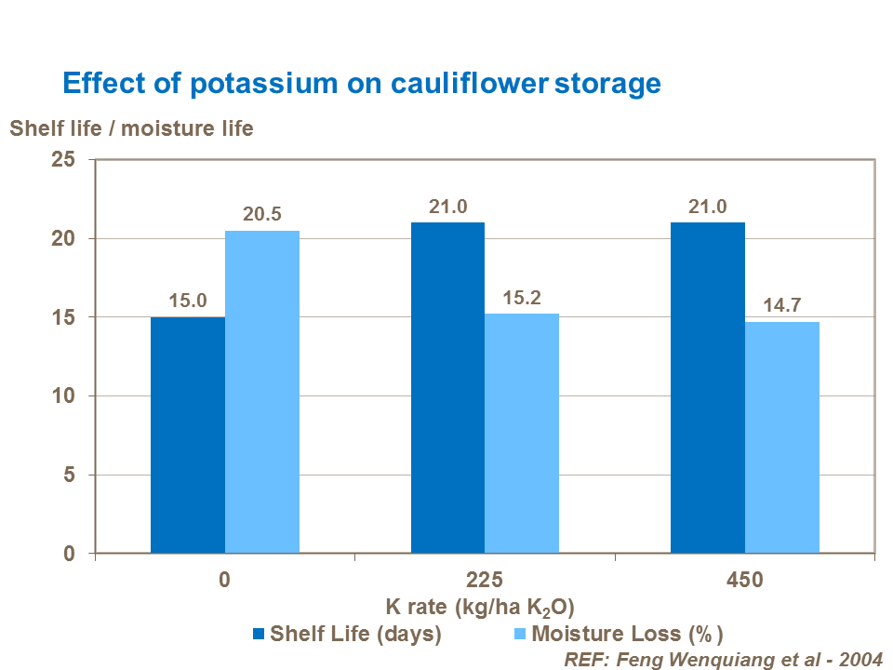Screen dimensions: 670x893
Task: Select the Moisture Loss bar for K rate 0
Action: (x=262, y=392)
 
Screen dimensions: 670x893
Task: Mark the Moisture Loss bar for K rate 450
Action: (x=782, y=437)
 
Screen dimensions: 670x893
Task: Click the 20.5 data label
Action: (x=262, y=214)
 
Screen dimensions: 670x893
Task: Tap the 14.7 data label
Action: (x=782, y=305)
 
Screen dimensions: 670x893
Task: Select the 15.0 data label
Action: (x=187, y=301)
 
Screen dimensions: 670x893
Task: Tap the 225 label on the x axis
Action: (x=485, y=580)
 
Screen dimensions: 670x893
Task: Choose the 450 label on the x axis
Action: (x=745, y=580)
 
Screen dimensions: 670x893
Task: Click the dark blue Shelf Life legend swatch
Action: (x=259, y=635)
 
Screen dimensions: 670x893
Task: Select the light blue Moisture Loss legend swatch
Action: (x=519, y=635)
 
